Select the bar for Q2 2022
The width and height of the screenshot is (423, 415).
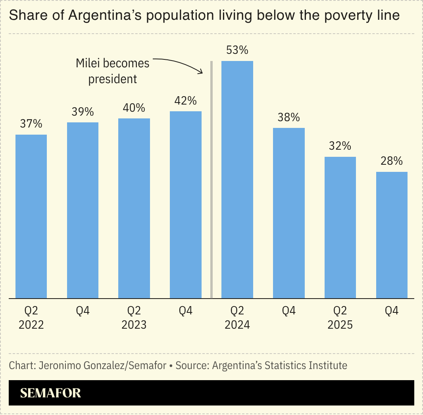[x=31, y=216]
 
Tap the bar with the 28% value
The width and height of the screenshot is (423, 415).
[x=392, y=235]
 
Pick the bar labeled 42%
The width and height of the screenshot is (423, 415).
[x=186, y=204]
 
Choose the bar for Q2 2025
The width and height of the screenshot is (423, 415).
[x=340, y=227]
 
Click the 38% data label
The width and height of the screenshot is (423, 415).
[x=288, y=118]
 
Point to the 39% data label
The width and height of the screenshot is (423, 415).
[x=83, y=112]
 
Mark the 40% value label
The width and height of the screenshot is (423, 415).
[x=134, y=108]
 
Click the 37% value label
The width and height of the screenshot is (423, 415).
[x=31, y=124]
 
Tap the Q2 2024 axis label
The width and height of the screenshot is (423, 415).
[x=237, y=318]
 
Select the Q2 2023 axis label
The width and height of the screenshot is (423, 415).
[x=134, y=318]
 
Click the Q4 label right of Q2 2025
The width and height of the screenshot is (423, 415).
[x=392, y=311]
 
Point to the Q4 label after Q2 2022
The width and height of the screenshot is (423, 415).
[x=83, y=311]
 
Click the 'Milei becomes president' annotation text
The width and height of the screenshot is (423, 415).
[x=113, y=71]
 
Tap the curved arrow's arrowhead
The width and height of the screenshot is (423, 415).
[x=201, y=72]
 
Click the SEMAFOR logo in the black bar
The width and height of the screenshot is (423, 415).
[x=50, y=393]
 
